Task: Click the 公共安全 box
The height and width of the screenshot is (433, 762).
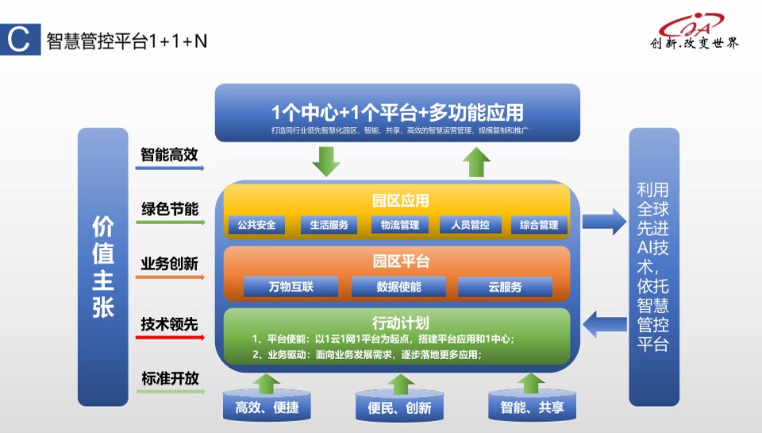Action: (x=256, y=225)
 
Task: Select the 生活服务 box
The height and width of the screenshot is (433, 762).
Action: (x=325, y=225)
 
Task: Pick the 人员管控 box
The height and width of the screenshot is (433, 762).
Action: (x=470, y=225)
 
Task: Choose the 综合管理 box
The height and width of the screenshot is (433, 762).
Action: (x=539, y=225)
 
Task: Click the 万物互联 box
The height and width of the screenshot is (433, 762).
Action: (x=291, y=287)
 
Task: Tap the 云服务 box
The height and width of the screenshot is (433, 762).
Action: (x=505, y=287)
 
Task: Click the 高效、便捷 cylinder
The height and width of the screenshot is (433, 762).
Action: (x=267, y=407)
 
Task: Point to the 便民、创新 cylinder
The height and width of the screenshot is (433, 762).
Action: (x=400, y=407)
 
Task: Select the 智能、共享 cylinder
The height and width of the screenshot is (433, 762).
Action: (x=532, y=407)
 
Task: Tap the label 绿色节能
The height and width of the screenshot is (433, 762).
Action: (x=170, y=209)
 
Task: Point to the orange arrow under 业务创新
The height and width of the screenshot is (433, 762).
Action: (x=170, y=277)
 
